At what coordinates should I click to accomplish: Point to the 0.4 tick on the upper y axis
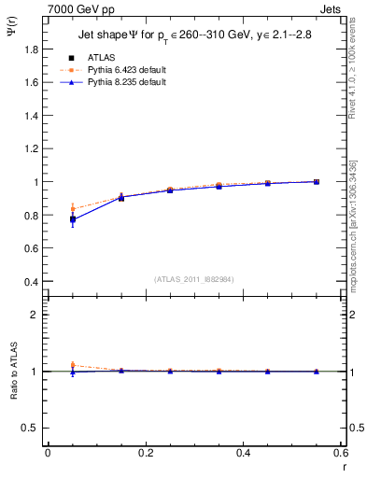32,282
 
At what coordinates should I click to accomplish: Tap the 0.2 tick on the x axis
145,453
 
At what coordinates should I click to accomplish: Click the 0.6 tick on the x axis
340,453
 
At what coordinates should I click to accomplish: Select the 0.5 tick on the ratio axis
32,428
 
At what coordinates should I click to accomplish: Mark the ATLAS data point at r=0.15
121,197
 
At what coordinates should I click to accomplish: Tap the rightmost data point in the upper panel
317,181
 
